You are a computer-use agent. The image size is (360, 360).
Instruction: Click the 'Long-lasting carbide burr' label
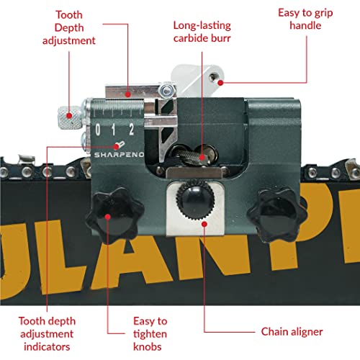(202, 32)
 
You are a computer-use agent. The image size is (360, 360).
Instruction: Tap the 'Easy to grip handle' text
(305, 19)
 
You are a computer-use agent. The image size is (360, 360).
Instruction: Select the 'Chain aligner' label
(292, 332)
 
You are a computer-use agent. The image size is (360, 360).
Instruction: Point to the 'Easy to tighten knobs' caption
(150, 334)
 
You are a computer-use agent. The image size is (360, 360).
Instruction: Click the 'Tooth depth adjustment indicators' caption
(47, 334)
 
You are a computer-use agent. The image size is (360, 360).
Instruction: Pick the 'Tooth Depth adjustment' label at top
(69, 27)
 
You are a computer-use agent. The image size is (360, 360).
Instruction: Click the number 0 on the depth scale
(98, 130)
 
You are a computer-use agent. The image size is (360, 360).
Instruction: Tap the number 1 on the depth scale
(113, 130)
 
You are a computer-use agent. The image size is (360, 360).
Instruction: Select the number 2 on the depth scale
(131, 130)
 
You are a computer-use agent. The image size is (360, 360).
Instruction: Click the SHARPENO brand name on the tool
(119, 155)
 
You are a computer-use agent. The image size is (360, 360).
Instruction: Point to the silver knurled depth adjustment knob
(70, 117)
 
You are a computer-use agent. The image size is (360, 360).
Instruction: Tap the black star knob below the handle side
(277, 215)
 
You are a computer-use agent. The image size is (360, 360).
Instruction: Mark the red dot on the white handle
(220, 83)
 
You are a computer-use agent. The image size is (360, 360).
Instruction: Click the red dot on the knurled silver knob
(69, 116)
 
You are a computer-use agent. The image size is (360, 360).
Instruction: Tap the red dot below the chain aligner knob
(204, 224)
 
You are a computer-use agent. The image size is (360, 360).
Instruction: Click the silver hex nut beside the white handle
(166, 91)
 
